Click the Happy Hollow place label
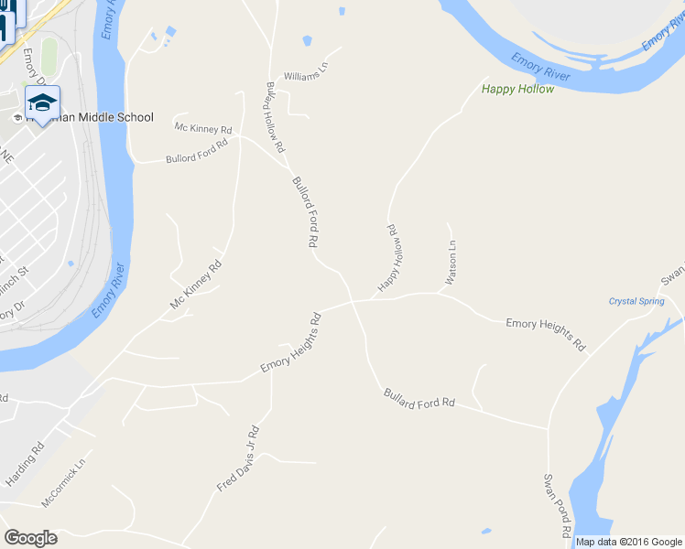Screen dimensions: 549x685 tap(517, 89)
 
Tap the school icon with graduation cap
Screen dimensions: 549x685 tap(42, 101)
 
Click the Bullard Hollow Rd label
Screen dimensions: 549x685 tap(275, 117)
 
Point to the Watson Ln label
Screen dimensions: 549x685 tap(451, 262)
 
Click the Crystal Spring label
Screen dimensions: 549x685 tap(636, 301)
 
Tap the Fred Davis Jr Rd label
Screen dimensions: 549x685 tap(238, 459)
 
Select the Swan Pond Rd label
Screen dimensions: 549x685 tap(558, 505)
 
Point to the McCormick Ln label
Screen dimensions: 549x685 tap(68, 483)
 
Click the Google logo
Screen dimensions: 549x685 tap(30, 538)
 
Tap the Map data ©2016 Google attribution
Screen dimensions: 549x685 tap(629, 542)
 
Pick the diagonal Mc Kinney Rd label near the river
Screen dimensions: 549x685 tap(196, 285)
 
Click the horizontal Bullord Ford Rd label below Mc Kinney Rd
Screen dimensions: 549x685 tap(196, 153)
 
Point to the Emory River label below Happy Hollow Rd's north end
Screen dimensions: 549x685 tap(540, 68)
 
